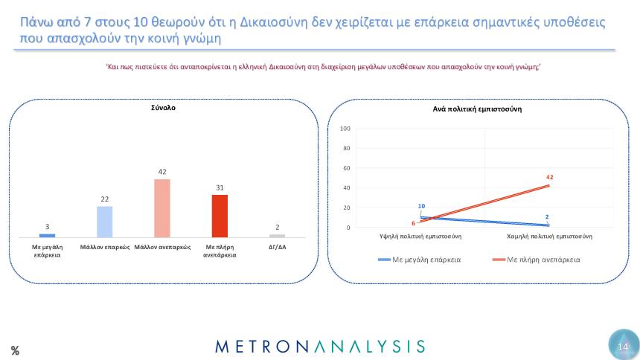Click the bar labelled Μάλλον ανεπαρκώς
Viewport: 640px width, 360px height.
tap(162, 208)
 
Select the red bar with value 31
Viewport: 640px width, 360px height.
tap(220, 216)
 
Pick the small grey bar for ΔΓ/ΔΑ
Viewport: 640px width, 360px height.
tap(277, 236)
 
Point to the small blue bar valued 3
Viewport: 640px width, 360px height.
tap(47, 235)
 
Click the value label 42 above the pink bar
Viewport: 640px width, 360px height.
tap(162, 172)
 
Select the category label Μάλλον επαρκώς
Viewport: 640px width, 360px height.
tap(105, 246)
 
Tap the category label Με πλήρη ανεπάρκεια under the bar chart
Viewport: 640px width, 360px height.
tap(220, 250)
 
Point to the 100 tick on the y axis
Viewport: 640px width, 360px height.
tap(345, 129)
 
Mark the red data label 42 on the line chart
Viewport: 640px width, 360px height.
tap(549, 177)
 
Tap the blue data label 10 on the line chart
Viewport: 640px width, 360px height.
tap(421, 206)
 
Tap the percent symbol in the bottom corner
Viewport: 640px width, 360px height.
tap(15, 350)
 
